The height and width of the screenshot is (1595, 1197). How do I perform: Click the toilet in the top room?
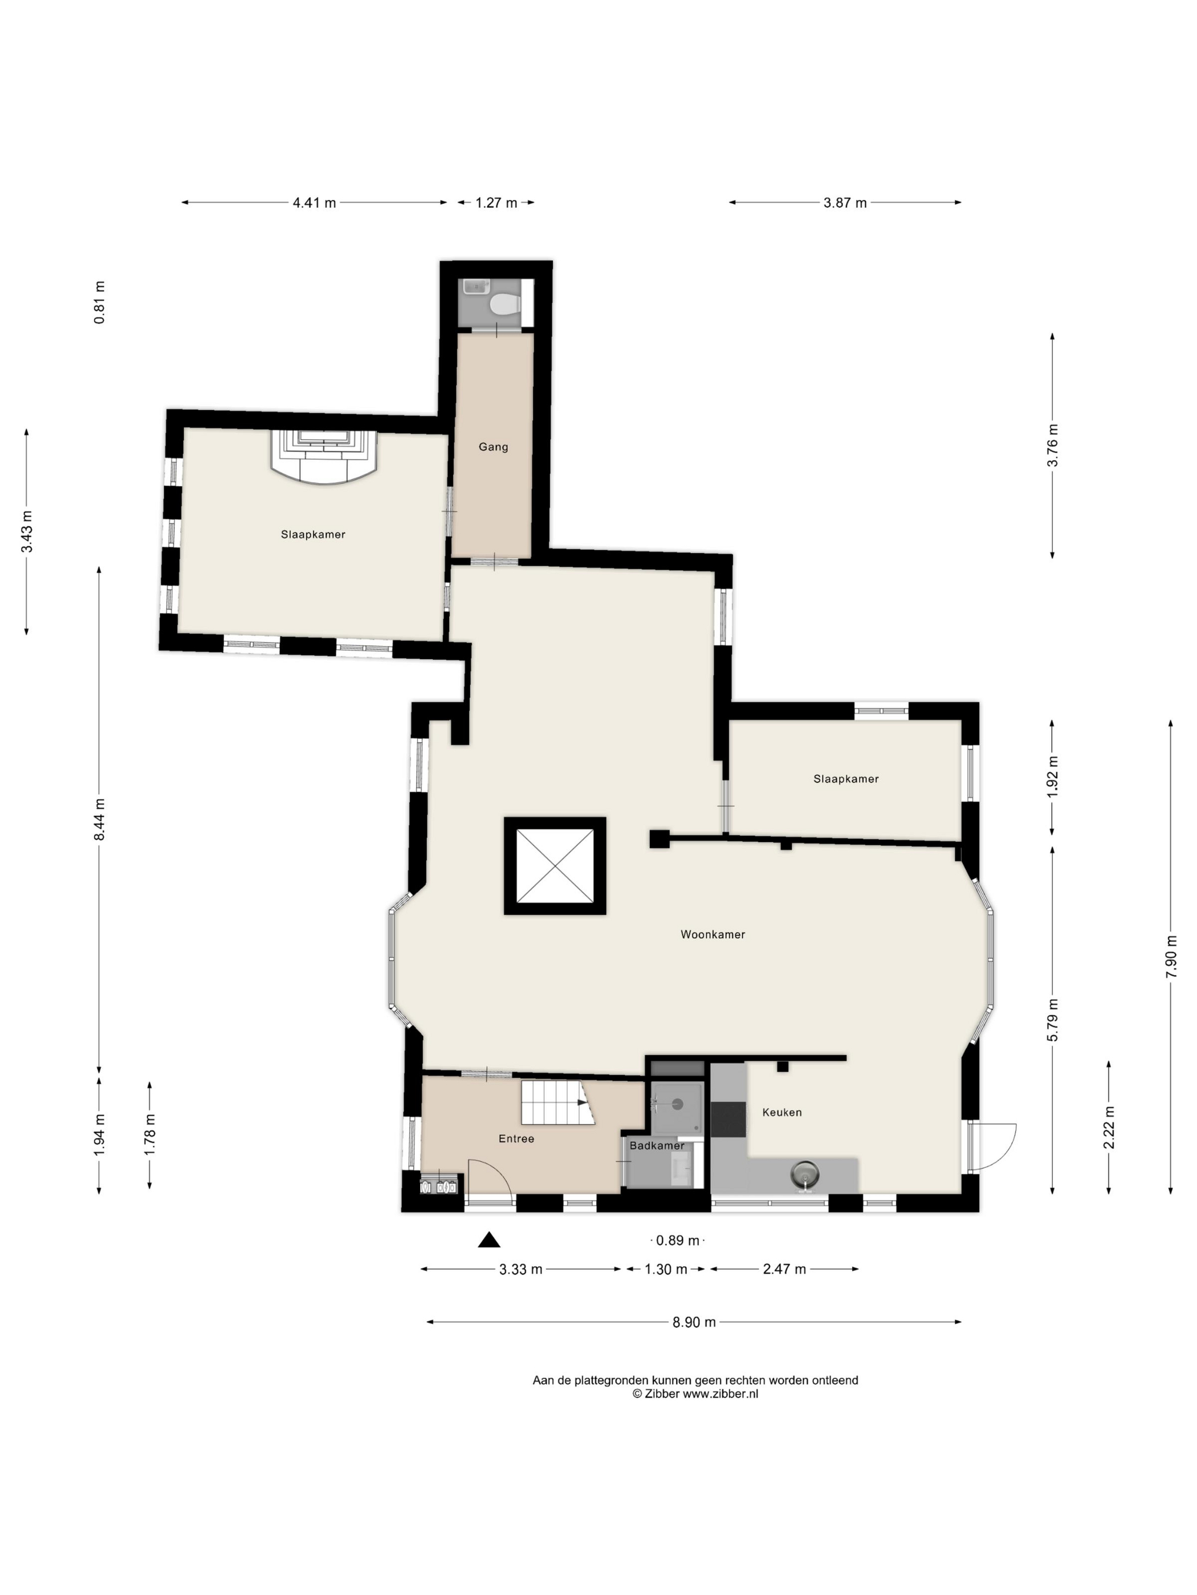504,304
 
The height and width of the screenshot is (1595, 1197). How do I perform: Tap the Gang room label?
494,447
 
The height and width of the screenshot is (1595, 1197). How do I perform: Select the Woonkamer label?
713,935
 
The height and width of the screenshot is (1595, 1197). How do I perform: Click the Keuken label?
782,1113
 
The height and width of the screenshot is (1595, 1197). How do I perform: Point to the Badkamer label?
657,1146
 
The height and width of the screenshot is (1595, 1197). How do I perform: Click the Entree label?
516,1139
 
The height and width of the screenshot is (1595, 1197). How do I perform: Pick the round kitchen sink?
806,1175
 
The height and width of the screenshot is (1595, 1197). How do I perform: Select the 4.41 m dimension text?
315,203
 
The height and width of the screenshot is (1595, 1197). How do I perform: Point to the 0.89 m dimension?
678,1241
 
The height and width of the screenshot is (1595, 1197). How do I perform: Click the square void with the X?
555,866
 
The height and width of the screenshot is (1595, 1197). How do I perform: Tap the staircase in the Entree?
557,1102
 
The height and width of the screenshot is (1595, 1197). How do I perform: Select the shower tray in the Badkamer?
677,1109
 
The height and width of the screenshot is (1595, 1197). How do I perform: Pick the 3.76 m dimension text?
1053,453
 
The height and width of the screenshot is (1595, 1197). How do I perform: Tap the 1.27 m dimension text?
496,203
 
